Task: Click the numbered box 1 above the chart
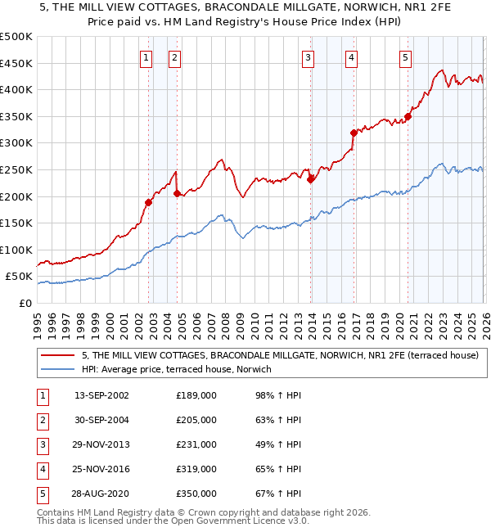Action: (x=146, y=57)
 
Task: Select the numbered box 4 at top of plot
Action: (x=350, y=57)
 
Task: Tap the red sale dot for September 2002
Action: (x=148, y=202)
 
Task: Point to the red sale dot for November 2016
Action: (x=354, y=133)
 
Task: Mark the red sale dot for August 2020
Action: (x=408, y=116)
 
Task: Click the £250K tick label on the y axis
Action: (x=16, y=169)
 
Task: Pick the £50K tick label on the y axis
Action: (x=19, y=277)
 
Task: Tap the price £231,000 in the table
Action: (x=196, y=444)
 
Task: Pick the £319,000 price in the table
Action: (x=196, y=469)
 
